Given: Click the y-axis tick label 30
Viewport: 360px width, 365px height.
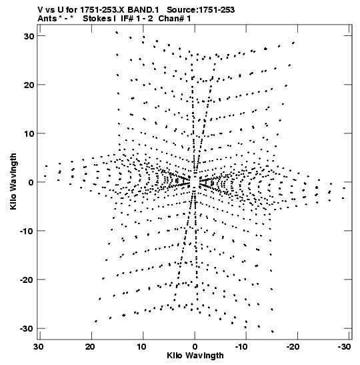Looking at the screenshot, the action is [29, 36].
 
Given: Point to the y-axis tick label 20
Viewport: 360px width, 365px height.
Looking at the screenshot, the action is [29, 85].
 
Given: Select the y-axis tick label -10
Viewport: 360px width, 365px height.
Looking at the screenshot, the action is [27, 231].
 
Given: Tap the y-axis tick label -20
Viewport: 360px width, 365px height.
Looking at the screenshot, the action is [27, 280].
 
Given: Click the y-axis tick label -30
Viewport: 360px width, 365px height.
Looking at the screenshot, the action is [27, 328].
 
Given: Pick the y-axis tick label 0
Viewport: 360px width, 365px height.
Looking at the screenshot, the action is [31, 182].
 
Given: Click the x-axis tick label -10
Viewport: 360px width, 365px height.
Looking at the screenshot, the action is [241, 347].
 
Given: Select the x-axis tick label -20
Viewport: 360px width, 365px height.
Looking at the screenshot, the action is [293, 347].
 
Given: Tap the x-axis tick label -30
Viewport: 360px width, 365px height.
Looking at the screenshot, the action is [344, 347].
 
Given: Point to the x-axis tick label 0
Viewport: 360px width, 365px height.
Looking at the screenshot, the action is [195, 347].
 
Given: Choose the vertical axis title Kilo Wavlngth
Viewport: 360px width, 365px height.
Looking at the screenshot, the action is [13, 181].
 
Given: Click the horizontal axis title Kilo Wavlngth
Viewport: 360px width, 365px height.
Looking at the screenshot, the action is [195, 356].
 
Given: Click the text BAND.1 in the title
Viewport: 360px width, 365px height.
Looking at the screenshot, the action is [143, 10].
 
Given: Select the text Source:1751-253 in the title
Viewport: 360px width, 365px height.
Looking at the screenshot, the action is [201, 10].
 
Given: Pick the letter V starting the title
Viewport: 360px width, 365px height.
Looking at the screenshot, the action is [40, 10].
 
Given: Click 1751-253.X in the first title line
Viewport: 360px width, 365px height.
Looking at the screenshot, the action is [102, 10].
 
